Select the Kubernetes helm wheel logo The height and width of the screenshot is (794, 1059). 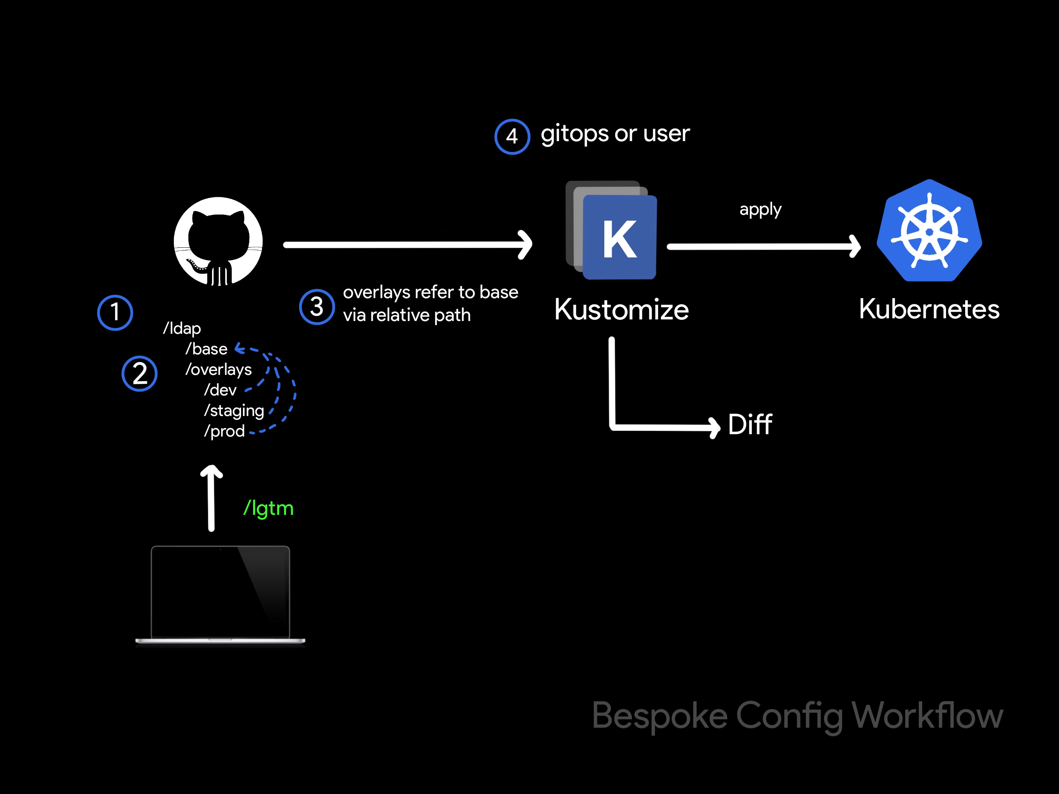[929, 231]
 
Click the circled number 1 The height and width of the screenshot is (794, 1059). [115, 312]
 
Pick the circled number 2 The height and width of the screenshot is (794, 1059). [139, 373]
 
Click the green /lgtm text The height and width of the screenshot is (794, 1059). [268, 509]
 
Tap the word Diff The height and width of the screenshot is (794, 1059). [750, 424]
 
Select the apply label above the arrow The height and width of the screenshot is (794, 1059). [760, 210]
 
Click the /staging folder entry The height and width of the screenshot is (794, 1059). [234, 411]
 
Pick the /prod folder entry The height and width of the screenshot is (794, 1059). [224, 432]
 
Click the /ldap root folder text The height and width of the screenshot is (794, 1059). [182, 328]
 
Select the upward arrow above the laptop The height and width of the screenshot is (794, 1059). [211, 498]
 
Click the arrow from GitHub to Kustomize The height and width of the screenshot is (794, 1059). [407, 245]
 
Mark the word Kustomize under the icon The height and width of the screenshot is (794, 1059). [621, 310]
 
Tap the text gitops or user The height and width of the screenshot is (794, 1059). [615, 134]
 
